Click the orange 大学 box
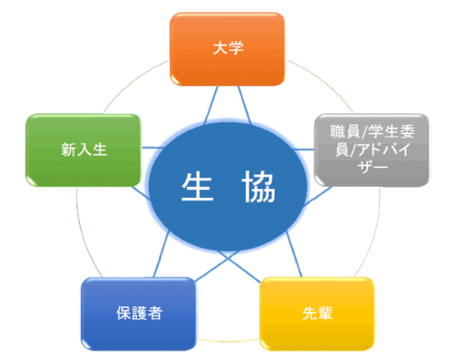pyautogui.click(x=227, y=49)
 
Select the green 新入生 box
pyautogui.click(x=83, y=151)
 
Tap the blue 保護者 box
pyautogui.click(x=138, y=313)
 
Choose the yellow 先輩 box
pyautogui.click(x=317, y=313)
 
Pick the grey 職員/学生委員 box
pyautogui.click(x=372, y=150)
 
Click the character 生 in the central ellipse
pyautogui.click(x=197, y=187)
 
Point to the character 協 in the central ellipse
pyautogui.click(x=258, y=187)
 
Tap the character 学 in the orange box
pyautogui.click(x=236, y=48)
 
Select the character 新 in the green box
pyautogui.click(x=69, y=149)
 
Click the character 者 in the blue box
pyautogui.click(x=155, y=313)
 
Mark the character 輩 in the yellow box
pyautogui.click(x=325, y=313)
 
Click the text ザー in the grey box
pyautogui.click(x=372, y=167)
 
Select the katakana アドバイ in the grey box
pyautogui.click(x=384, y=150)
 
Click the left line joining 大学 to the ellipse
pyautogui.click(x=211, y=106)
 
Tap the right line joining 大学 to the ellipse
pyautogui.click(x=245, y=105)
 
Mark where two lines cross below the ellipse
pyautogui.click(x=229, y=258)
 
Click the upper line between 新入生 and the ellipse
pyautogui.click(x=153, y=147)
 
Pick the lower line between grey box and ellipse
pyautogui.click(x=318, y=196)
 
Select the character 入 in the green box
pyautogui.click(x=84, y=149)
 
